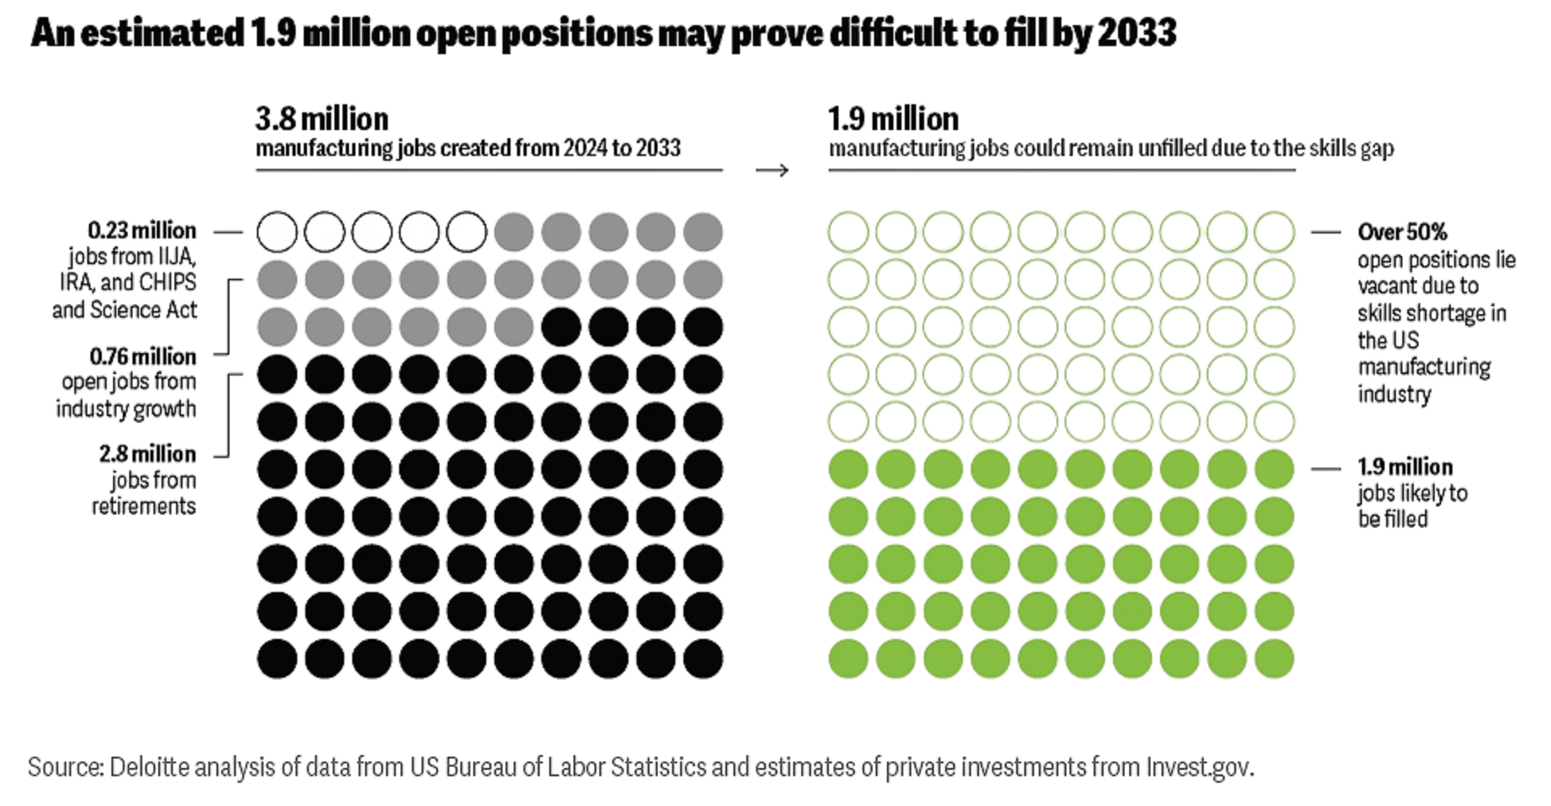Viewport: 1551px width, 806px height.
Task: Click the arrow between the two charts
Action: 771,170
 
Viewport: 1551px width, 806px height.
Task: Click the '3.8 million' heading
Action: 322,120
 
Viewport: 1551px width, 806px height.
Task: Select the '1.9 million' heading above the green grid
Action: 893,120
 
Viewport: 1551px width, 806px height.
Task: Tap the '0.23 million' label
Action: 141,231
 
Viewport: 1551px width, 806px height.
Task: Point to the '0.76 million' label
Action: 142,356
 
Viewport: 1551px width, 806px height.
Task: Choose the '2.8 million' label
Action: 147,454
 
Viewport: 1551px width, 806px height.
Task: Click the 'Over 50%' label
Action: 1402,233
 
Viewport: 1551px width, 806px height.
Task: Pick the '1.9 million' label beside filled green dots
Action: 1405,467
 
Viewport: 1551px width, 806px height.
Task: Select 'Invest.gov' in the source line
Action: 1198,766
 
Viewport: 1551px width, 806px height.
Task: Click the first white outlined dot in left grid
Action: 277,233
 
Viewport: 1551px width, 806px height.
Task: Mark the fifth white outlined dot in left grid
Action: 467,233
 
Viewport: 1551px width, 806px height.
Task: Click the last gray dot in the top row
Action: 703,233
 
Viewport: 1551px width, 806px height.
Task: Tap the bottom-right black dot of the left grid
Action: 703,658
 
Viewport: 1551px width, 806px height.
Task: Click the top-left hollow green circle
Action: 848,233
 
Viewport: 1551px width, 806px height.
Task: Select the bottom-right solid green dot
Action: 1274,658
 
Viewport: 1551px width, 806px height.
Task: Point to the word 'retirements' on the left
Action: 144,506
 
